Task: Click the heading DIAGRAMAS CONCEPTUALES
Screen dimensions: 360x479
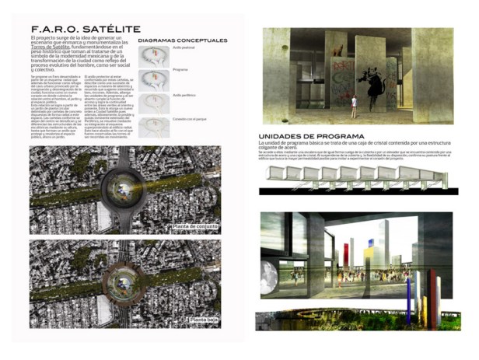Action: [x=183, y=40]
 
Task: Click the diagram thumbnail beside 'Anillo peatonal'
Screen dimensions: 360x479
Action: [x=155, y=56]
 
